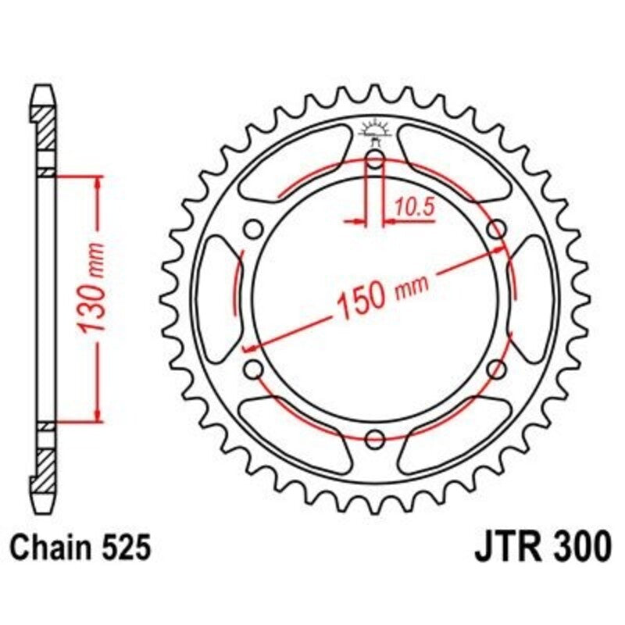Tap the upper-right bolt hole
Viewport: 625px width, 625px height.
pos(495,230)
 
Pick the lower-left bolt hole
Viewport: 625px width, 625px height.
pos(253,368)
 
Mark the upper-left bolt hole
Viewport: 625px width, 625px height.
pos(253,230)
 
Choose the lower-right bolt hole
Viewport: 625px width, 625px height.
pos(495,368)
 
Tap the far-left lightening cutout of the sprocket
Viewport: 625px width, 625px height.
pos(216,299)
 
